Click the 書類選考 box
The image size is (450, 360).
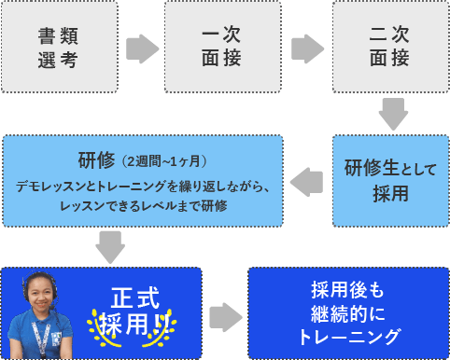[x=59, y=48]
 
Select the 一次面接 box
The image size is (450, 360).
[x=222, y=48]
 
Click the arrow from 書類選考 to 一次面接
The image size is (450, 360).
[x=141, y=48]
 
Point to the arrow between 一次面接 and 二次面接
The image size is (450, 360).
[x=304, y=48]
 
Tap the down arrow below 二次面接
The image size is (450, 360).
[x=391, y=115]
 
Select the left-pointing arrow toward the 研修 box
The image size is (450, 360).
[x=308, y=178]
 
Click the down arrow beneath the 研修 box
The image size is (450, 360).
[x=110, y=247]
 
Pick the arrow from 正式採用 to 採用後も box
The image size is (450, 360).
[x=224, y=315]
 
